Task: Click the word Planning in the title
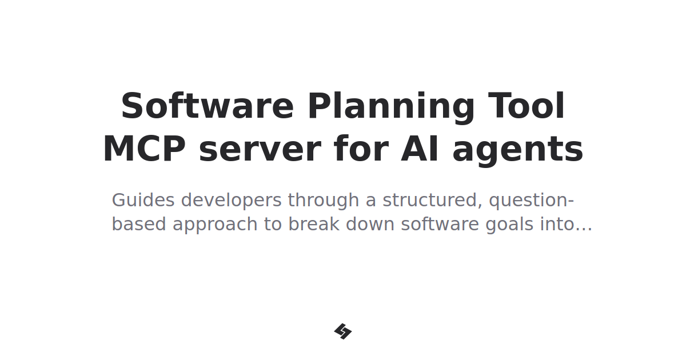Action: (x=392, y=107)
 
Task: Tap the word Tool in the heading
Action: (x=527, y=107)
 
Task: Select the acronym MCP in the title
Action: (x=144, y=150)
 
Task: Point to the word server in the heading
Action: (x=260, y=150)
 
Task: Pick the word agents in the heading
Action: (x=517, y=150)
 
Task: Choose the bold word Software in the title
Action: (x=208, y=107)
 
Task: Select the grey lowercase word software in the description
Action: (x=440, y=225)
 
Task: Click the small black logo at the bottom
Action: (x=343, y=331)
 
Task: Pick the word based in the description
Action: (x=139, y=225)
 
